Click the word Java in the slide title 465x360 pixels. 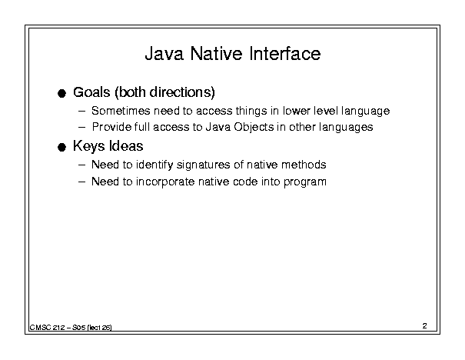(164, 54)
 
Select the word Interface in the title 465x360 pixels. (285, 54)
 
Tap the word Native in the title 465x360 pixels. (216, 54)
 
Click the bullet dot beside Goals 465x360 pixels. (61, 94)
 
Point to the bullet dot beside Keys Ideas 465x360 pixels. (61, 147)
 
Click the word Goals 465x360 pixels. (91, 92)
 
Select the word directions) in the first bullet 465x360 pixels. (182, 92)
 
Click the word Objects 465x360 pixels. (254, 127)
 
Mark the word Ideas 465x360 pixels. (126, 146)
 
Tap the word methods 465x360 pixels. (304, 165)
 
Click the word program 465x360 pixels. (305, 182)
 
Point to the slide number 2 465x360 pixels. (425, 326)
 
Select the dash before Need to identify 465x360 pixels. (81, 165)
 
